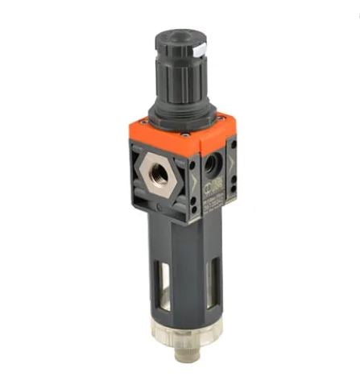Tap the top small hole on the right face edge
[231, 150]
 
